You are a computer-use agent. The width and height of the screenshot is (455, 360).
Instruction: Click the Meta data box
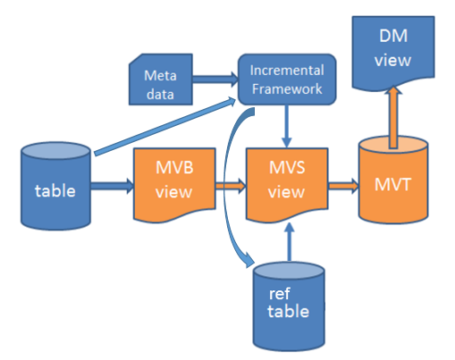pyautogui.click(x=161, y=80)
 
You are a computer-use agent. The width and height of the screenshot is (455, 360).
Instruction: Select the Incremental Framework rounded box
pyautogui.click(x=287, y=80)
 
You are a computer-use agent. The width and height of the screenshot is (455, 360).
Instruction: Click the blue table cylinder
pyautogui.click(x=55, y=186)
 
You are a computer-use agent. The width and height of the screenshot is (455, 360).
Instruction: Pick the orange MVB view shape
pyautogui.click(x=174, y=184)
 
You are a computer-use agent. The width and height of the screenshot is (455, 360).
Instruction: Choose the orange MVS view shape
pyautogui.click(x=287, y=184)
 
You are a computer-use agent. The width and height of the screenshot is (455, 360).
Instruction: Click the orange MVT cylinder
pyautogui.click(x=393, y=180)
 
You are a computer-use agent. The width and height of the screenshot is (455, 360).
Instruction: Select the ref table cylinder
pyautogui.click(x=289, y=306)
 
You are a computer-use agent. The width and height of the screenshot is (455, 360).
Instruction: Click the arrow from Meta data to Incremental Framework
pyautogui.click(x=215, y=80)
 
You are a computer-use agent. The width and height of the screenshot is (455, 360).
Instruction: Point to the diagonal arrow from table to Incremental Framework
pyautogui.click(x=164, y=126)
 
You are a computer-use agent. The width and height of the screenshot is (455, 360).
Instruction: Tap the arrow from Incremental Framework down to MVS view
pyautogui.click(x=287, y=126)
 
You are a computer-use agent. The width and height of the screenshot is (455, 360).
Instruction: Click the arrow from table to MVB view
pyautogui.click(x=112, y=186)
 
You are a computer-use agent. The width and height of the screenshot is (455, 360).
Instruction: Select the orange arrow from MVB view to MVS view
pyautogui.click(x=231, y=186)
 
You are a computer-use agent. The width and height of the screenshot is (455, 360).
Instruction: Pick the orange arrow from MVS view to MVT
pyautogui.click(x=343, y=186)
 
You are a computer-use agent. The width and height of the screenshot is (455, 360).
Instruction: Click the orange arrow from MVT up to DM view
pyautogui.click(x=393, y=117)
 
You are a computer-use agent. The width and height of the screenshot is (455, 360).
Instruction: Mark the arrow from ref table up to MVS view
pyautogui.click(x=289, y=242)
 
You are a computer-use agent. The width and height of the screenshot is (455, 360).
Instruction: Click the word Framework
pyautogui.click(x=287, y=88)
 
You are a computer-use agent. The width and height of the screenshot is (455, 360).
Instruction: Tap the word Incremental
pyautogui.click(x=287, y=71)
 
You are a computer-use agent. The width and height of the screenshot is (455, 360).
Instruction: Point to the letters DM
pyautogui.click(x=393, y=36)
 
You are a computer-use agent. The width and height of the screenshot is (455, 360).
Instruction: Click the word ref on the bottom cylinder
pyautogui.click(x=279, y=294)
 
